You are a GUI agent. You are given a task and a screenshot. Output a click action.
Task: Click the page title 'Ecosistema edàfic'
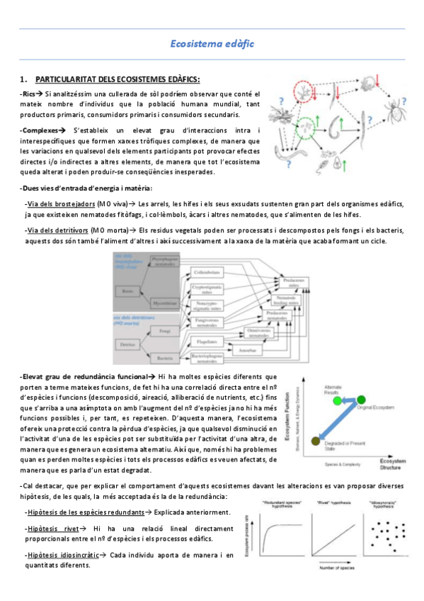pyautogui.click(x=212, y=44)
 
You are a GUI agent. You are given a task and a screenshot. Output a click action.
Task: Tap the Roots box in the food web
pyautogui.click(x=129, y=291)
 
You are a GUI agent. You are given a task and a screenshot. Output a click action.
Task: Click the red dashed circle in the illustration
pyautogui.click(x=302, y=91)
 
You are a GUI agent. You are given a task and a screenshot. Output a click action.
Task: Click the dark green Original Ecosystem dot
pyautogui.click(x=362, y=400)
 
